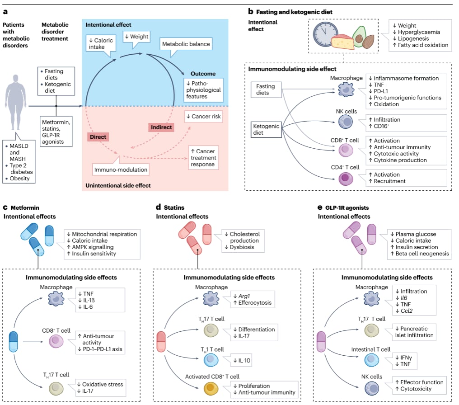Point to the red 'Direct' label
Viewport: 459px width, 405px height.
pos(98,135)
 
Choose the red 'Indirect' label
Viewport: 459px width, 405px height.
pos(161,127)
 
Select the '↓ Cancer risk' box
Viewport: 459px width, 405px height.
pos(203,117)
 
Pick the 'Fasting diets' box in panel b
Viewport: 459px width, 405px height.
pos(266,89)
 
